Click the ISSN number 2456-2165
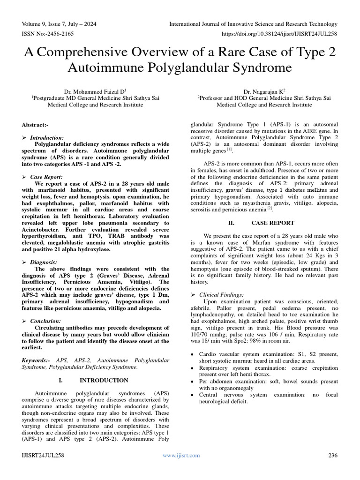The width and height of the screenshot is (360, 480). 58,34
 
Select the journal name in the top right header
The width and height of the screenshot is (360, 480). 253,24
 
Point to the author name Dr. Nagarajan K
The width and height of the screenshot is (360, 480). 264,91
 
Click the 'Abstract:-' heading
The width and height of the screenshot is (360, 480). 35,125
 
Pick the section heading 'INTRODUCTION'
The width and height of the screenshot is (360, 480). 104,380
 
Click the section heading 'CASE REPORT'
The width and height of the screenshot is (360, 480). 273,223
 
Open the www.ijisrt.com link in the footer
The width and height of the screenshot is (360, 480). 181,455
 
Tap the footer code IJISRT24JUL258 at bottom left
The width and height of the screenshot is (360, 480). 43,455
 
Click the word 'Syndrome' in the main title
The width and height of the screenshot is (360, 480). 256,67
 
